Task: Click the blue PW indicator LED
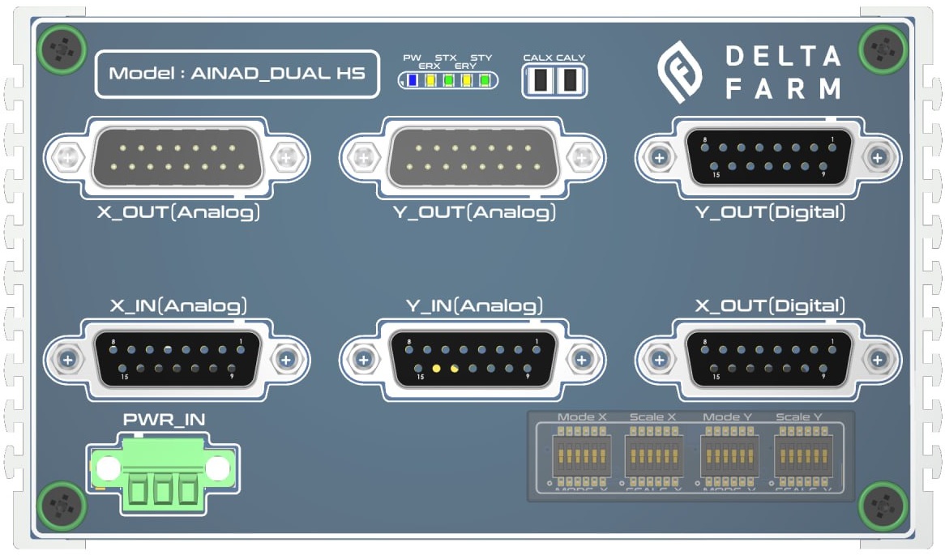pyautogui.click(x=412, y=80)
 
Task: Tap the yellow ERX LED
pyautogui.click(x=430, y=80)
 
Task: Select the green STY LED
pyautogui.click(x=485, y=80)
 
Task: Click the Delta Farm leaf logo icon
pyautogui.click(x=682, y=72)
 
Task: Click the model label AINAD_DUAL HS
pyautogui.click(x=237, y=74)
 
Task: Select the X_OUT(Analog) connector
pyautogui.click(x=177, y=156)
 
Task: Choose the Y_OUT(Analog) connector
pyautogui.click(x=472, y=156)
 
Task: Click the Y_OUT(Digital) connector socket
pyautogui.click(x=768, y=156)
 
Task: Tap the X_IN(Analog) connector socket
pyautogui.click(x=177, y=358)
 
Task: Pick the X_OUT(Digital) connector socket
pyautogui.click(x=768, y=358)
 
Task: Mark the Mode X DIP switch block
pyautogui.click(x=581, y=457)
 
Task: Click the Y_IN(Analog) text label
pyautogui.click(x=474, y=306)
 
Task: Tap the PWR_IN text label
pyautogui.click(x=164, y=420)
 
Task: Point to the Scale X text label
pyautogui.click(x=653, y=417)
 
